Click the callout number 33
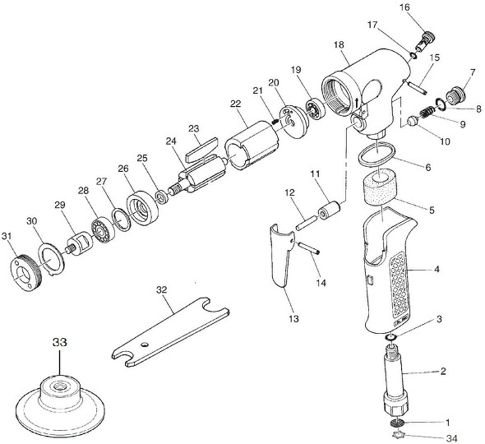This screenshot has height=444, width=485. (x=60, y=342)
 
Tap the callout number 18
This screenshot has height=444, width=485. (x=339, y=44)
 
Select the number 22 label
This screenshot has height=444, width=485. (x=235, y=104)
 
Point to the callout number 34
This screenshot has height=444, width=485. (x=452, y=437)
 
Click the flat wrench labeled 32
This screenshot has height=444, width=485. (x=170, y=332)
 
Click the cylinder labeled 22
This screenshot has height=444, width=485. (x=252, y=146)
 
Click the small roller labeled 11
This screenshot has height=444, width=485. (x=329, y=210)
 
